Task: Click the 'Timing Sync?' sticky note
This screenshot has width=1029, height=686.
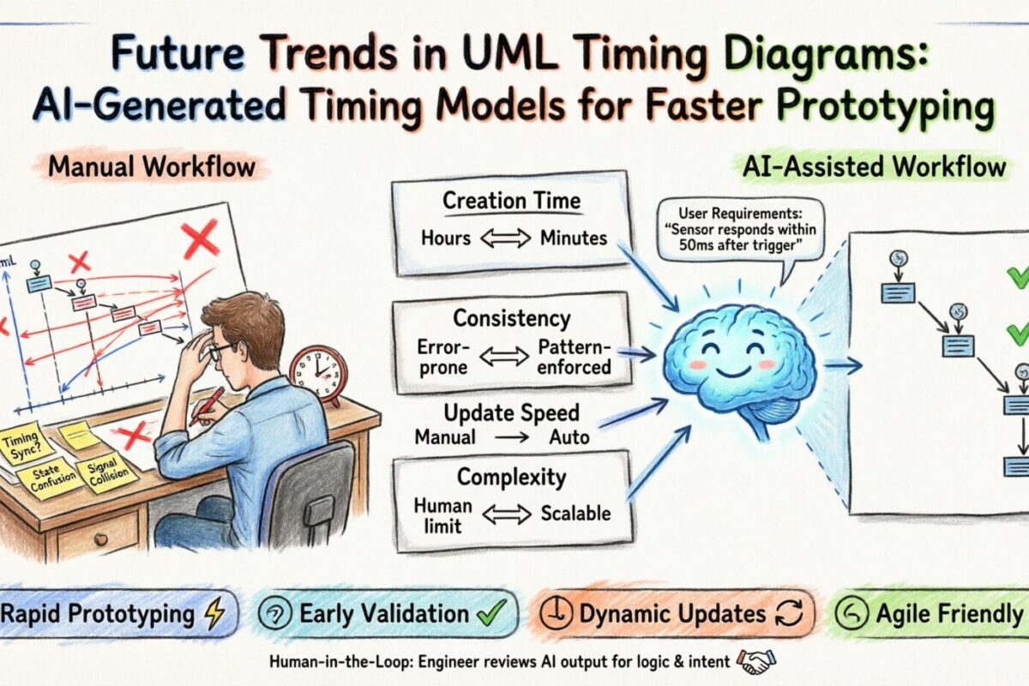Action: (27, 446)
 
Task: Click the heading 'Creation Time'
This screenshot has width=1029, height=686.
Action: (511, 202)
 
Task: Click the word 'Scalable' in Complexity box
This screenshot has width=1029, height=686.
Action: (575, 514)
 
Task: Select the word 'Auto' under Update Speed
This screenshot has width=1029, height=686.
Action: (569, 437)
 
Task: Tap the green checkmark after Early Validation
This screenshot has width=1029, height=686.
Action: (494, 613)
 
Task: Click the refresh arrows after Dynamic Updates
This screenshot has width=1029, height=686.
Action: (788, 614)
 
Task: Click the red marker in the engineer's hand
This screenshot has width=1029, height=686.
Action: (208, 405)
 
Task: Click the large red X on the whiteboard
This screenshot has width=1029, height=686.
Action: (200, 239)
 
